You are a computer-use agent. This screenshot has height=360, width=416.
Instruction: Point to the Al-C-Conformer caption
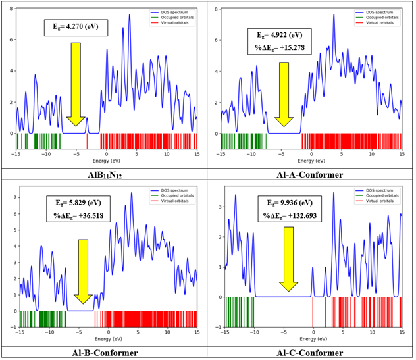[310, 353]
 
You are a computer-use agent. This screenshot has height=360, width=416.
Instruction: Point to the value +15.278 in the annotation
[294, 48]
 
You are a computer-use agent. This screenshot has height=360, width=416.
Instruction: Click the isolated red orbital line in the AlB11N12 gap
[88, 141]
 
